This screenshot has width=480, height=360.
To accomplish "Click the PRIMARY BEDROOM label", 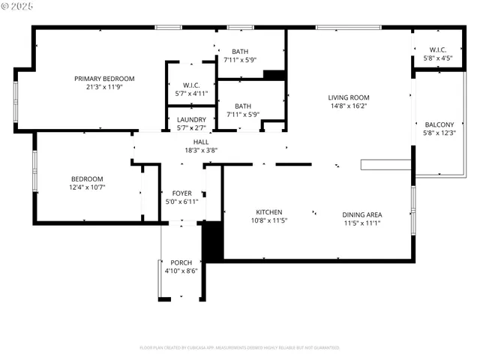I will pos(103,79).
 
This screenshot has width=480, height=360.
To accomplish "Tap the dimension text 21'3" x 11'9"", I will pos(103,87).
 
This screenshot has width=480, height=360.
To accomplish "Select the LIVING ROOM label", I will pos(349,97).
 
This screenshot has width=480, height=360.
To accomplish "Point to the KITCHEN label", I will pos(268,211).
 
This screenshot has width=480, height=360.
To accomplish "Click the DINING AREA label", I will pos(363,214).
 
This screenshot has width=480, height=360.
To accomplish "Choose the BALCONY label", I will pos(439,124).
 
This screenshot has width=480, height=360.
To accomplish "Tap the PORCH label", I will pos(181,262).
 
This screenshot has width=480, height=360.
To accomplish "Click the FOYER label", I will pos(181,193).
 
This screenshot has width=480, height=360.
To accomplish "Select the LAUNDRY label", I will pos(191,119).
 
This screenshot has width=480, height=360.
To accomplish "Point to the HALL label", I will pos(201,142).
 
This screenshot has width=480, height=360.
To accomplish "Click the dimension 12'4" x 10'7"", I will pos(87,187).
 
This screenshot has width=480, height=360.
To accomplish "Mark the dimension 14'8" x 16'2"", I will pos(349,106).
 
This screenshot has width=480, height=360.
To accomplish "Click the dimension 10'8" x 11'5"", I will pos(268,220).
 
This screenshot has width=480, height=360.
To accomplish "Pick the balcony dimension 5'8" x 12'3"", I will pos(439,133).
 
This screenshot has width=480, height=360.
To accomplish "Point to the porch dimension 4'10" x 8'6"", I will pos(181,271).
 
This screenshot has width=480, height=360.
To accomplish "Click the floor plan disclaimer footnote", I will pos(239,347).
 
